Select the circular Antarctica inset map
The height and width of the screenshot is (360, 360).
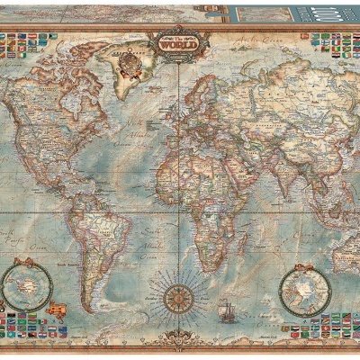pyautogui.click(x=26, y=281)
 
